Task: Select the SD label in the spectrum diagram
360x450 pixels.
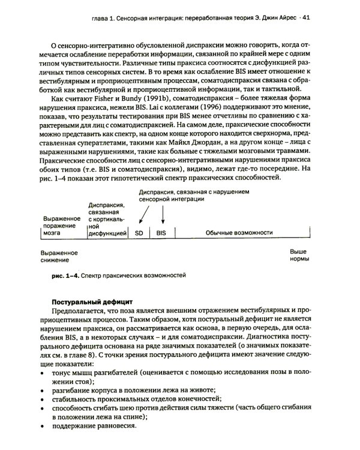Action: click(139, 232)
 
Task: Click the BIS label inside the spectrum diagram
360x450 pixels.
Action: click(161, 232)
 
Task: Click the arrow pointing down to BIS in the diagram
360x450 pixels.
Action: click(162, 213)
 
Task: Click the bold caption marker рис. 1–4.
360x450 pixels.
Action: click(66, 275)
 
